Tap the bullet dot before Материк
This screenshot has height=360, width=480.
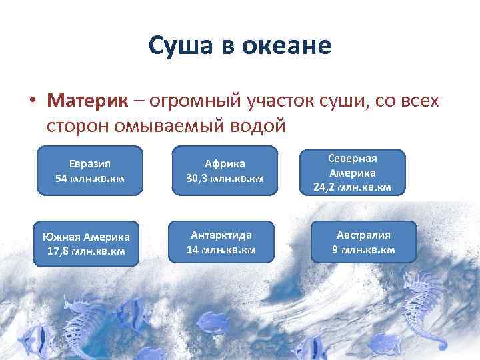(x=31, y=101)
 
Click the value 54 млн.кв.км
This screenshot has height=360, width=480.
(x=89, y=178)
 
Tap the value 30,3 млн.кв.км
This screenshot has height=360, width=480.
(x=225, y=178)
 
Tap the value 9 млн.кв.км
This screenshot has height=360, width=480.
(x=363, y=250)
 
